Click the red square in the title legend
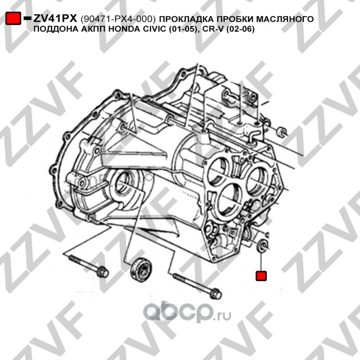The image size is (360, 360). [13, 18]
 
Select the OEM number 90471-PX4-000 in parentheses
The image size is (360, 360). [118, 19]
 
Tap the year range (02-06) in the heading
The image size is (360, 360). [240, 29]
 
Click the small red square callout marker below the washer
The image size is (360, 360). [261, 276]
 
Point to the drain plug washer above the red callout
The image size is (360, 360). [263, 245]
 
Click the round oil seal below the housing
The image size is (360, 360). [140, 270]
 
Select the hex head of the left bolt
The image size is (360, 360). [102, 272]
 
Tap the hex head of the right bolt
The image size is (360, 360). [216, 293]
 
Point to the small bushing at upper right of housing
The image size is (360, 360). [282, 132]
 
